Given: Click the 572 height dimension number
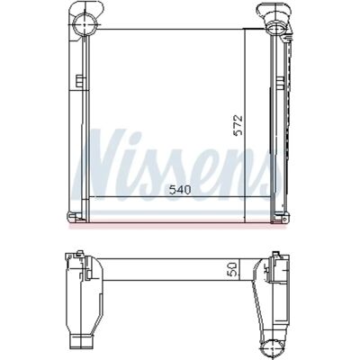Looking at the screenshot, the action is tap(238, 125).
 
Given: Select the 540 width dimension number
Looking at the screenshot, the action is tap(180, 190).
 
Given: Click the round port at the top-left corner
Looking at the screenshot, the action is tap(85, 24).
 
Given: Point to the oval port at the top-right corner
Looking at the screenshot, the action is tap(274, 28).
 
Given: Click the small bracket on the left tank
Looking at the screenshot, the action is tap(80, 81).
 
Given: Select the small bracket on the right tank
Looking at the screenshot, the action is tap(280, 83).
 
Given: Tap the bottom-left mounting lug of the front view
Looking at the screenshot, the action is tap(74, 217).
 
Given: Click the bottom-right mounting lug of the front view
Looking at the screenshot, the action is tap(280, 218).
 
